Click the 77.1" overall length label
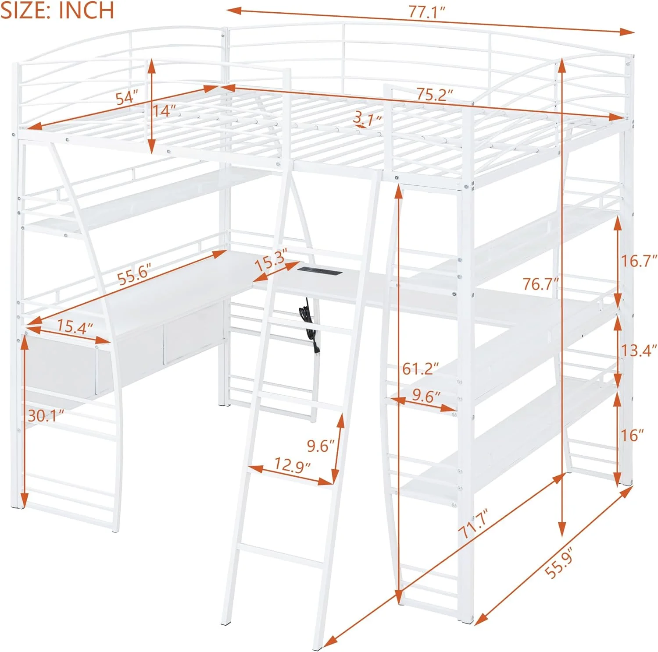click(x=426, y=12)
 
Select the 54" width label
click(x=126, y=97)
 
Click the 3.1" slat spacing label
click(x=368, y=118)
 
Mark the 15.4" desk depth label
click(x=75, y=326)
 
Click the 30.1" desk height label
click(x=45, y=415)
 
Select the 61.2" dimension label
click(x=420, y=369)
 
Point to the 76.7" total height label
click(x=540, y=284)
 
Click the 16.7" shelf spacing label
click(x=638, y=261)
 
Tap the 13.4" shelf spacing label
click(x=638, y=351)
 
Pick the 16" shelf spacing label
click(x=632, y=435)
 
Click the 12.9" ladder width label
click(x=292, y=464)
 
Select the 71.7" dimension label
click(x=473, y=523)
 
